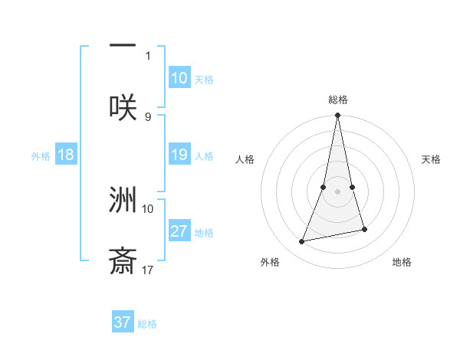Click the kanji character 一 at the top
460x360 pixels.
tap(123, 47)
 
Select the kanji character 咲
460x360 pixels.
tap(123, 107)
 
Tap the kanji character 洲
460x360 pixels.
tap(123, 200)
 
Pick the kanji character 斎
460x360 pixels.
tap(123, 261)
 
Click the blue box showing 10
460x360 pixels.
tap(179, 78)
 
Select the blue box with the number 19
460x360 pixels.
tap(179, 155)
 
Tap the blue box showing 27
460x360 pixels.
tap(179, 231)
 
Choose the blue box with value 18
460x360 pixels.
tap(66, 155)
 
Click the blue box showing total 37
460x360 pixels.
tap(123, 322)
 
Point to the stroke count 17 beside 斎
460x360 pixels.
tap(148, 270)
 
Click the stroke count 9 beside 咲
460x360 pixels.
tap(148, 116)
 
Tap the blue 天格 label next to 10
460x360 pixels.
tap(204, 79)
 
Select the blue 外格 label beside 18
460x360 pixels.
tap(41, 155)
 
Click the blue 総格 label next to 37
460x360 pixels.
tap(147, 323)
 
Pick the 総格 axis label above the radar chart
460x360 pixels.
tap(338, 100)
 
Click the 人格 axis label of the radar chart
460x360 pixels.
tap(245, 159)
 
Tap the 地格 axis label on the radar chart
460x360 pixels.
tap(402, 262)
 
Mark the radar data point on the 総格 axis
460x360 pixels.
tap(338, 116)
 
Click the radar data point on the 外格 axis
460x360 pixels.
tap(302, 242)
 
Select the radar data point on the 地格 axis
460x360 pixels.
tap(365, 229)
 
